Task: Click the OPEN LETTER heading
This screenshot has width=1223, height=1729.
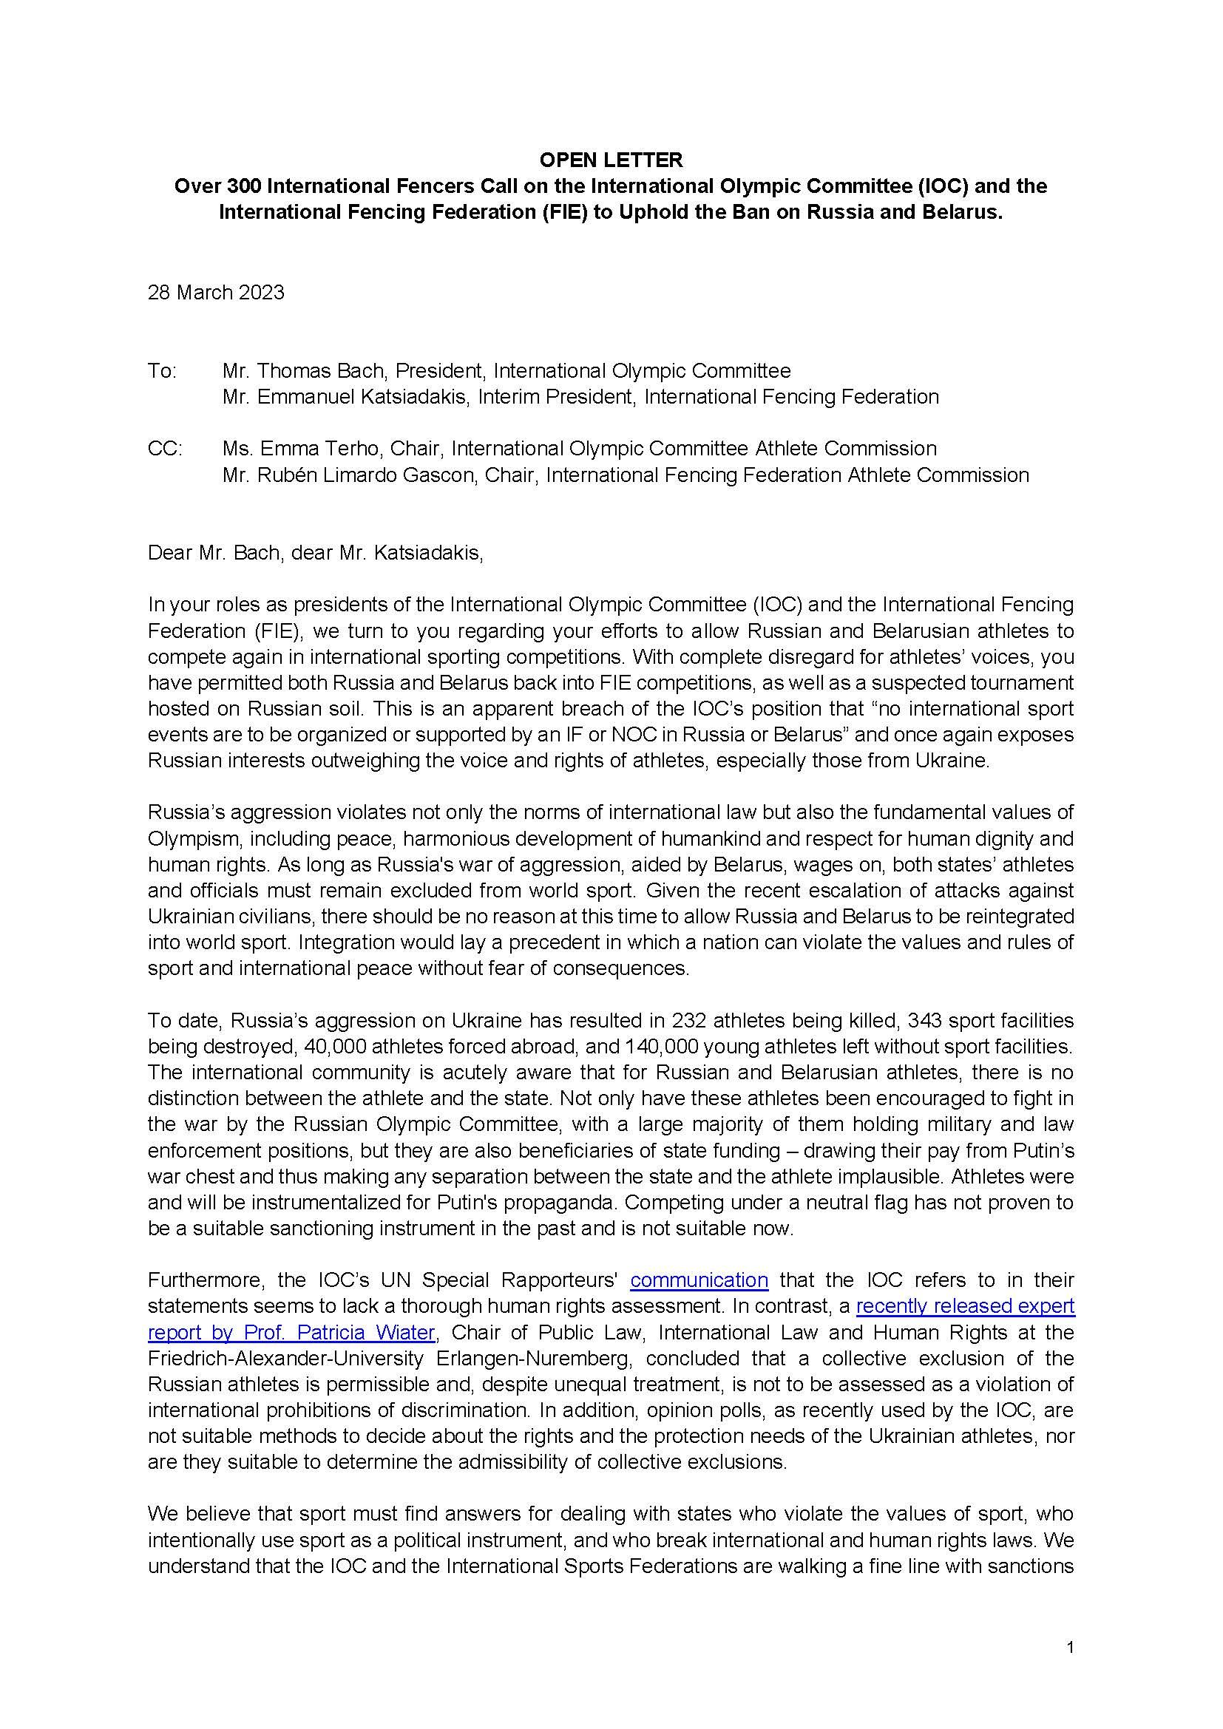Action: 611,160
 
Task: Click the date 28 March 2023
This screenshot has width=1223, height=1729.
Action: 216,292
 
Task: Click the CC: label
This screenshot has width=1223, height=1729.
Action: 164,449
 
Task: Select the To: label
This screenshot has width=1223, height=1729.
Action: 162,370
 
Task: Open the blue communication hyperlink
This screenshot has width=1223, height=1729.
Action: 699,1280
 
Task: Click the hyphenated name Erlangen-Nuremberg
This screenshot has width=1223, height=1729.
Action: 534,1359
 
